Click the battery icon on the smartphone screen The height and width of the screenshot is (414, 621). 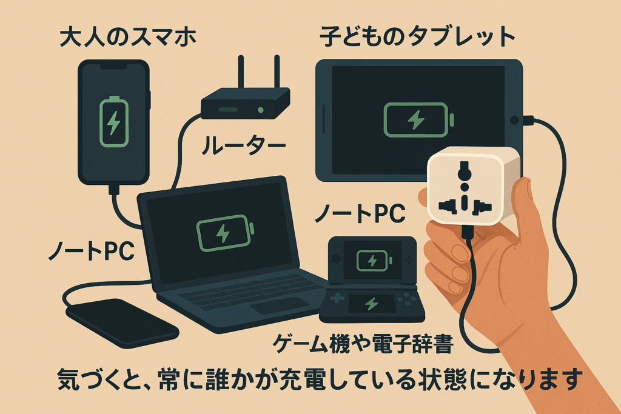click(113, 121)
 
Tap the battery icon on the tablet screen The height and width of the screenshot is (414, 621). click(418, 120)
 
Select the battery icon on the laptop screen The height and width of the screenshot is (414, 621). click(224, 233)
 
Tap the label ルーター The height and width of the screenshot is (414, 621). click(243, 145)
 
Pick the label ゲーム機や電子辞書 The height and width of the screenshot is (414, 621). click(363, 344)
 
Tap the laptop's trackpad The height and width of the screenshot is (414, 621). click(280, 305)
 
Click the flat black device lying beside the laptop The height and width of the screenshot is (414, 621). click(122, 322)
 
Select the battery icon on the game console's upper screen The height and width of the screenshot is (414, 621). click(374, 261)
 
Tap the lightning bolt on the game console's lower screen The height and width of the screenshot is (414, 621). click(371, 304)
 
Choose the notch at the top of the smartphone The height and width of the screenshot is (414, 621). click(113, 66)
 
